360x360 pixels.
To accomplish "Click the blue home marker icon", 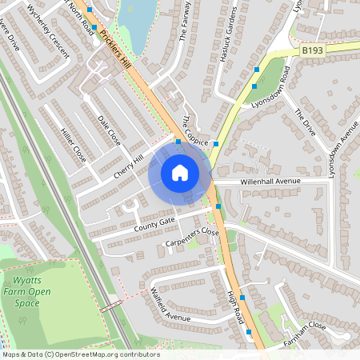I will coord(180,172).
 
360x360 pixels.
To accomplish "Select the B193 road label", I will coord(314,50).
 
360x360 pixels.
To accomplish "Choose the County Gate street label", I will coord(154,222).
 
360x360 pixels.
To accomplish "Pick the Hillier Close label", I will coord(73,144).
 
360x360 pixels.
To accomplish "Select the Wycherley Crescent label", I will coord(47,31).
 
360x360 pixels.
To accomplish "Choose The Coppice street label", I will coord(195,130).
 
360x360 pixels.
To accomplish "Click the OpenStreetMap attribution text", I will coord(80,354).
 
